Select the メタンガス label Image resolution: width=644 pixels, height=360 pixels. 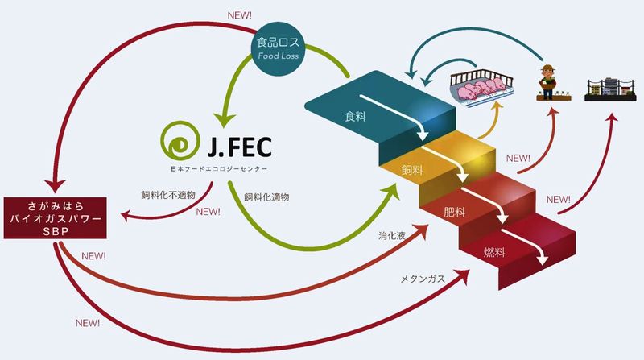[x=423, y=279]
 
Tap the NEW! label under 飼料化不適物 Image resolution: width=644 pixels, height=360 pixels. [x=208, y=213]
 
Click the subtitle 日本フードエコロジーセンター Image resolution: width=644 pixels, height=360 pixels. [x=217, y=168]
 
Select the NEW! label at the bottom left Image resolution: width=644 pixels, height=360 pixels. [x=87, y=322]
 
